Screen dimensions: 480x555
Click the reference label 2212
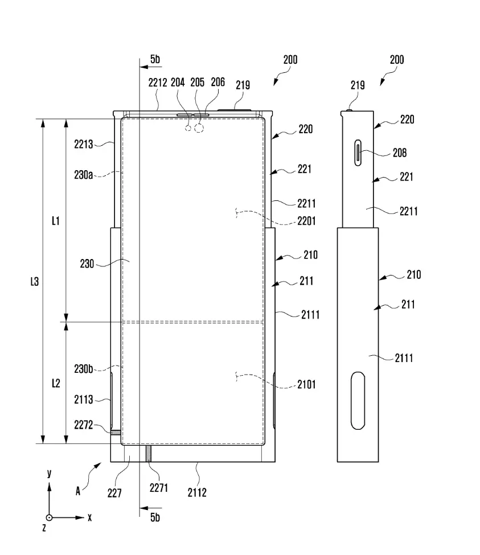point(158,83)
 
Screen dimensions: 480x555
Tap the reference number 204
point(178,83)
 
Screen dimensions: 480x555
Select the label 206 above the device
point(218,82)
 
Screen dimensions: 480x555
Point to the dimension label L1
point(56,221)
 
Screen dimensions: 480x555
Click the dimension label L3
point(34,282)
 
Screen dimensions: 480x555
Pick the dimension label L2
point(56,383)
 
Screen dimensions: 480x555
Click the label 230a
point(84,175)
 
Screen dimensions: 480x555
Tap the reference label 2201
point(306,221)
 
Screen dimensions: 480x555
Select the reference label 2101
point(306,384)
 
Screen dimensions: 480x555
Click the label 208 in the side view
point(400,153)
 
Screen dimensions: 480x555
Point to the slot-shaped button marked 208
point(358,153)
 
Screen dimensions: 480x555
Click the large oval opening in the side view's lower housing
point(358,401)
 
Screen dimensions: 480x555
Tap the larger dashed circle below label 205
point(199,128)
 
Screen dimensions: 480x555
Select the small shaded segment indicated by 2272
point(116,433)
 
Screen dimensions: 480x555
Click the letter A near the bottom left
point(78,491)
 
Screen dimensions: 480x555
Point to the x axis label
point(89,518)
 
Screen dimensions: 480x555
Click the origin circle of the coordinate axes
point(49,518)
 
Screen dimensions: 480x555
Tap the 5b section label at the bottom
point(155,517)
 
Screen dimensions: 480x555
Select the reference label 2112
point(197,492)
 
